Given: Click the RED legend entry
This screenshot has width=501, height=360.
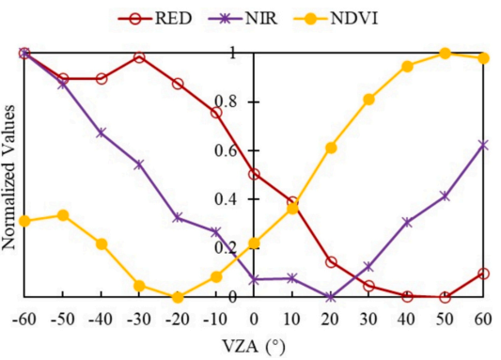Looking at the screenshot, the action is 155,18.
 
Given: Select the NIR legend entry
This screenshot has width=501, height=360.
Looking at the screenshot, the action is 243,18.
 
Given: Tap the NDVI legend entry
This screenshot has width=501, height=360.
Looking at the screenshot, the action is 336,18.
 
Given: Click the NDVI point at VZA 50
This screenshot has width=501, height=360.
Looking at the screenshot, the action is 446,54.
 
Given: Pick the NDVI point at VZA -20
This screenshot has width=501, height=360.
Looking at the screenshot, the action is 178,297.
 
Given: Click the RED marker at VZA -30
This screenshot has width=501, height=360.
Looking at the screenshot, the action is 139,58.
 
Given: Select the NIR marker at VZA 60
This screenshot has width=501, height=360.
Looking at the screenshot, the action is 483,146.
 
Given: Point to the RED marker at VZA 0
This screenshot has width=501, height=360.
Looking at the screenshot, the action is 254,175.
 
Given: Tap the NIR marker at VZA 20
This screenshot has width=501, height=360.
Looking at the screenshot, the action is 331,297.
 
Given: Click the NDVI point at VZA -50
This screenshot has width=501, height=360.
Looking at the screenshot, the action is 63,215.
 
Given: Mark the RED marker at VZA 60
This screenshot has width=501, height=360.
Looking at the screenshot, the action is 483,274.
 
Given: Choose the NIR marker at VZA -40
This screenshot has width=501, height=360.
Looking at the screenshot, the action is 102,133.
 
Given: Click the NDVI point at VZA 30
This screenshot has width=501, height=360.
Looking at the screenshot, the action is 368,100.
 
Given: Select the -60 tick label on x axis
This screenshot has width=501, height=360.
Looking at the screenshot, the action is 24,320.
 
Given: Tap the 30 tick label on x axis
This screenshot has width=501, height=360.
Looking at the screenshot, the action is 368,320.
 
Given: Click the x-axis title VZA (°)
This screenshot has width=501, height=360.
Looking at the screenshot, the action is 254,347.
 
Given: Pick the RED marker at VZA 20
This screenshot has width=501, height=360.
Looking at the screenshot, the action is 331,262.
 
